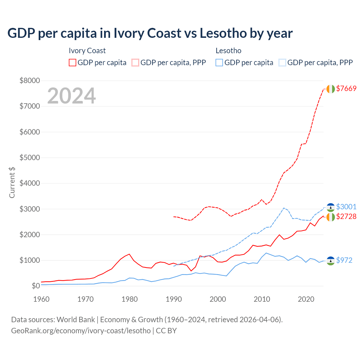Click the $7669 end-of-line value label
(x=346, y=88)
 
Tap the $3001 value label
(x=346, y=207)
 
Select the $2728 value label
(x=346, y=216)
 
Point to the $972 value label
(x=344, y=260)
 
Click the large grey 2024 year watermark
(x=71, y=96)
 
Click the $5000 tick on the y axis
(x=30, y=158)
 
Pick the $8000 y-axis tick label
(x=30, y=80)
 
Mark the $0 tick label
(x=36, y=286)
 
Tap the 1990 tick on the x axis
(x=174, y=299)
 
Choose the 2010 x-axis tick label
(x=262, y=299)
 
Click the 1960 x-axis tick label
(x=42, y=299)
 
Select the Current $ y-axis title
(x=12, y=182)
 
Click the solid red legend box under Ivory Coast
(x=73, y=63)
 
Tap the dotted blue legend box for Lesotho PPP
(x=282, y=63)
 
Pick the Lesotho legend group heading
(x=228, y=51)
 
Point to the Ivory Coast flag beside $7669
(x=330, y=89)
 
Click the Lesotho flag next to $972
(x=330, y=261)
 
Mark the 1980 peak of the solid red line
(x=129, y=254)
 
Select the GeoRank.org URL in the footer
(x=81, y=331)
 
